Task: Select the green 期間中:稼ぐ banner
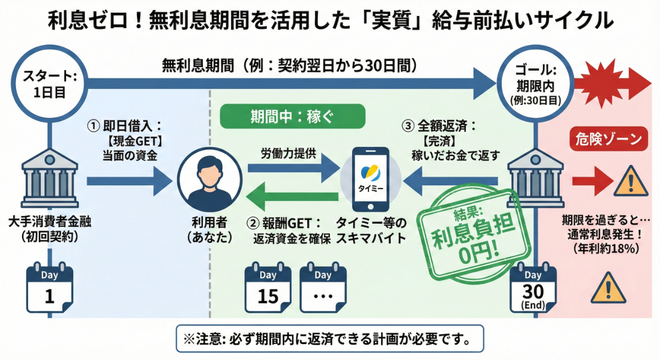pos(292,117)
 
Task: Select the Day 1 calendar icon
pos(50,289)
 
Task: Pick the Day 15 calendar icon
pos(268,289)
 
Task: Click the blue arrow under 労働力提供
pos(291,171)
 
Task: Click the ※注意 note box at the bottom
pos(330,338)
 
